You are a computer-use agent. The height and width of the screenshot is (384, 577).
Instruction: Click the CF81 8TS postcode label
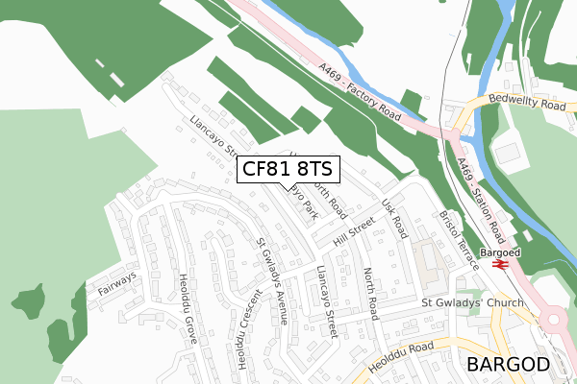tap(287, 170)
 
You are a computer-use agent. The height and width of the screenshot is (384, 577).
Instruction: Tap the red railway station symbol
tap(500, 265)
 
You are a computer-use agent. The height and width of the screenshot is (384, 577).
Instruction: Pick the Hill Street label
tap(352, 231)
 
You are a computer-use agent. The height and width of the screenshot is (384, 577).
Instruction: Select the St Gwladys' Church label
tap(472, 304)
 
